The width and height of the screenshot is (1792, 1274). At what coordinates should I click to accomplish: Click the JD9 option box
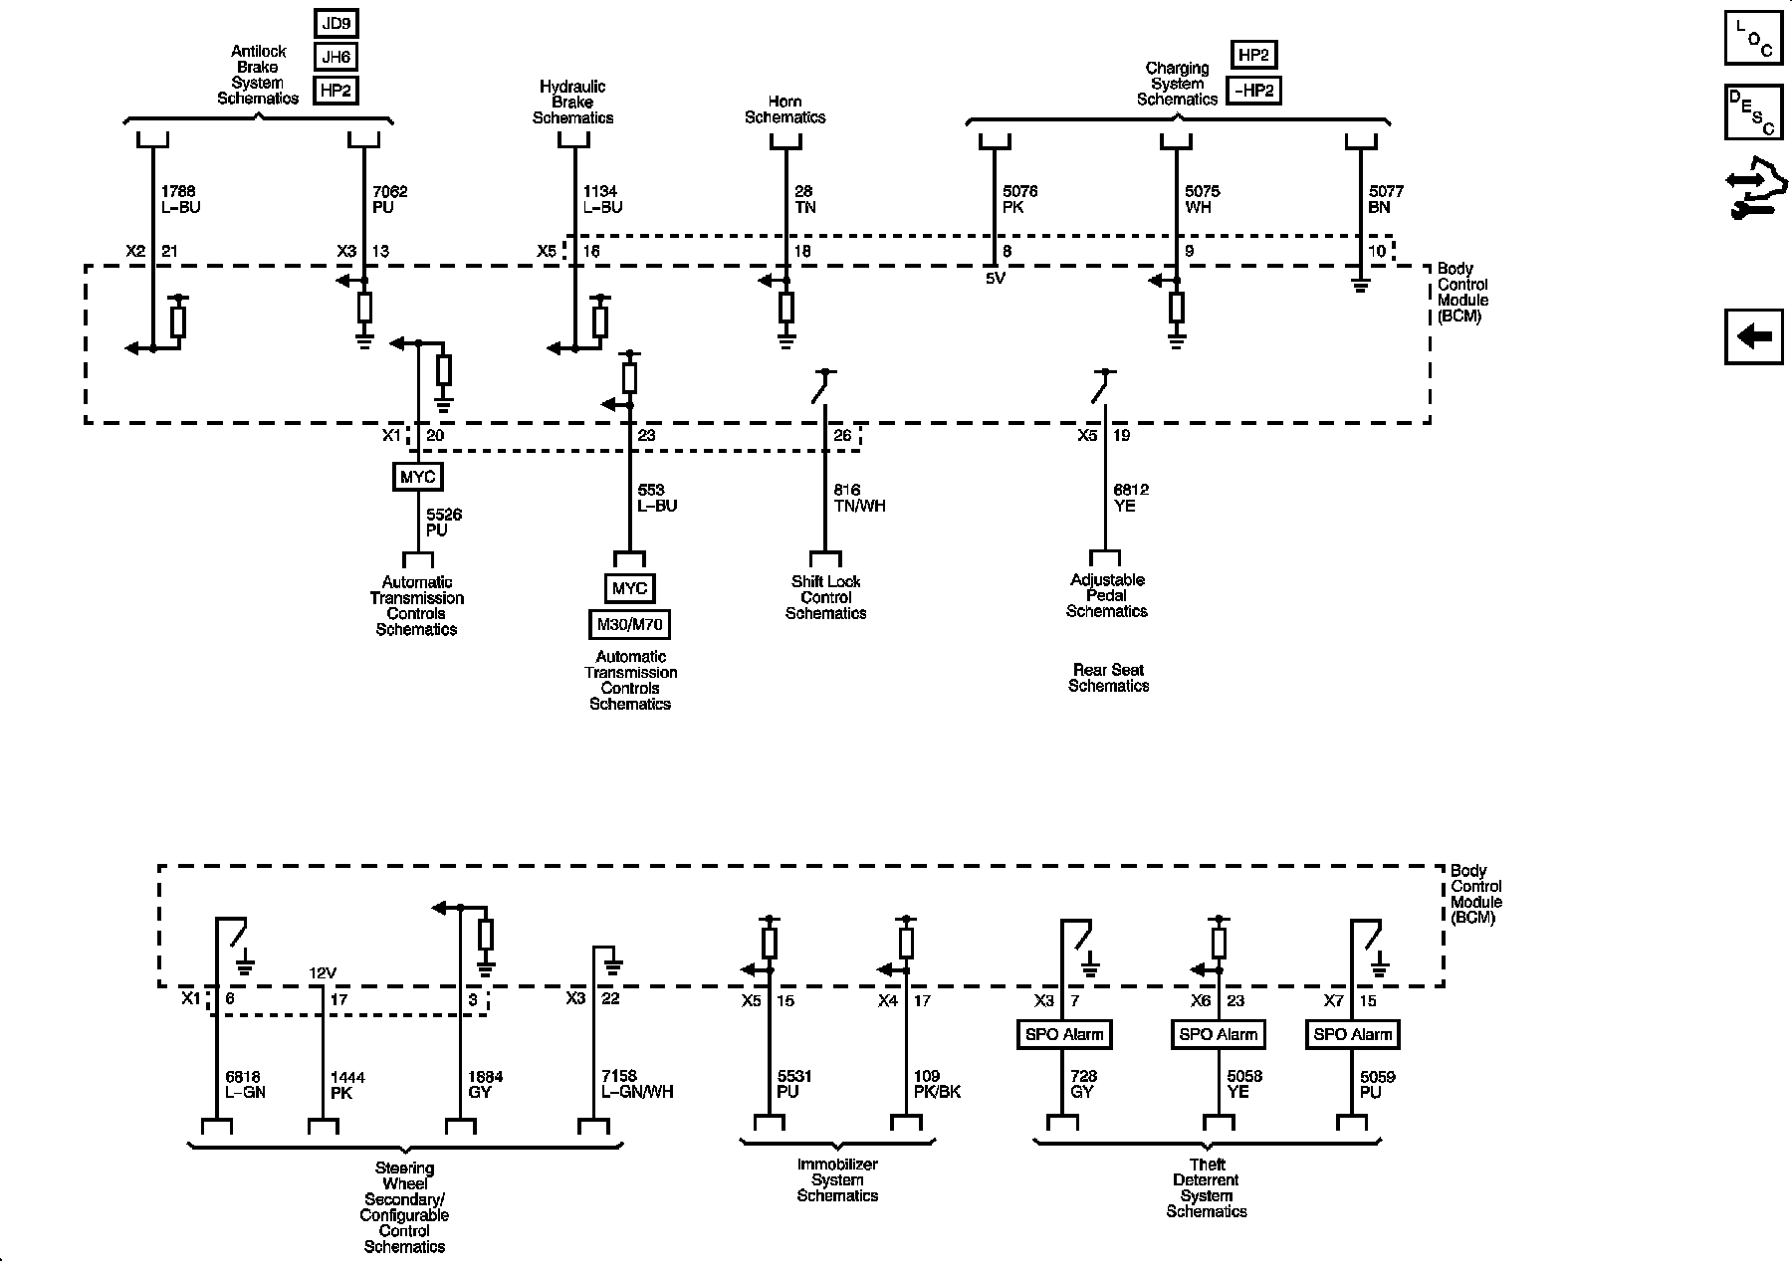point(336,24)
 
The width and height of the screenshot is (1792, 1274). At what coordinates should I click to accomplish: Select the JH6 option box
point(336,58)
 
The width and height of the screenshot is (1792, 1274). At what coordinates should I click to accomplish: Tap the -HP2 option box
point(1253,91)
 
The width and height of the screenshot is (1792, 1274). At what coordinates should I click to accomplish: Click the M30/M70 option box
point(629,625)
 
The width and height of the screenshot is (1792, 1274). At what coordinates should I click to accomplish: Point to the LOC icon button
point(1754,38)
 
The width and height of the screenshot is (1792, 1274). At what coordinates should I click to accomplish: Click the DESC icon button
point(1754,111)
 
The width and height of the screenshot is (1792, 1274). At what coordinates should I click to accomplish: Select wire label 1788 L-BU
point(180,199)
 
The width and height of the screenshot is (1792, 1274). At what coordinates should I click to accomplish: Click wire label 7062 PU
point(389,199)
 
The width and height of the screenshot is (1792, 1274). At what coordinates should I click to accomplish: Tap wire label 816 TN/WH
point(859,498)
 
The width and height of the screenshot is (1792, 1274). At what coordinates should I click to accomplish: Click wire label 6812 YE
point(1131,498)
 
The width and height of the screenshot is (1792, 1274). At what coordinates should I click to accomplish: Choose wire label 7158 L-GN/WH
point(637,1084)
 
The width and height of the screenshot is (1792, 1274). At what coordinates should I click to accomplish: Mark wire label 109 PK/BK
point(937,1084)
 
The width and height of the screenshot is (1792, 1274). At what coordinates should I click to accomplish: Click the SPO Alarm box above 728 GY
point(1064,1034)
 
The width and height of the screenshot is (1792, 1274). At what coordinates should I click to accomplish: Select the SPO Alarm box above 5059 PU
point(1352,1034)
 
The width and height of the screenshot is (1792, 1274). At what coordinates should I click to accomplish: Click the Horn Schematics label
point(785,109)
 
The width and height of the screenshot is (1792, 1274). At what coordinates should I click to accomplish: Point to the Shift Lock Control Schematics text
point(825,597)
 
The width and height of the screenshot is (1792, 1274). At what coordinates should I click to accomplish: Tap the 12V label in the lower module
point(322,973)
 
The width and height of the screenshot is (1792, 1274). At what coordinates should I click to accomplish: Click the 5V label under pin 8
point(996,280)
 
